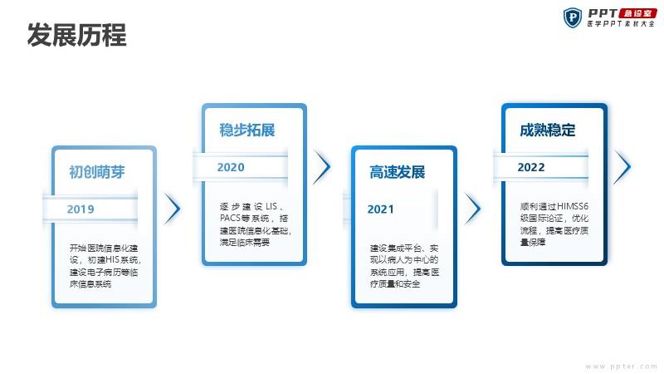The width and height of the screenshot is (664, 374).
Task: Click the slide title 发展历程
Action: [76, 35]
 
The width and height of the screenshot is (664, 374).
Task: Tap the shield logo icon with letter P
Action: [572, 17]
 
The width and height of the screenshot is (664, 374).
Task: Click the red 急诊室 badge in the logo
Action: [637, 13]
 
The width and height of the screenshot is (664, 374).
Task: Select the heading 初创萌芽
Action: [97, 172]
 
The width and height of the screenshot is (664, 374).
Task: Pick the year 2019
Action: [81, 209]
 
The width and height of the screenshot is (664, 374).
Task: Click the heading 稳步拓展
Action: [247, 130]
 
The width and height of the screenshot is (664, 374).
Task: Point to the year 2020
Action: [231, 167]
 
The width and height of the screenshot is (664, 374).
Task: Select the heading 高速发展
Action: [397, 172]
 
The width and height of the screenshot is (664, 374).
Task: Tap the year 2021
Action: [380, 209]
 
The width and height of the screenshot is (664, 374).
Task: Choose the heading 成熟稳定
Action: [548, 130]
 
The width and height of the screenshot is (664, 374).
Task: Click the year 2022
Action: [531, 167]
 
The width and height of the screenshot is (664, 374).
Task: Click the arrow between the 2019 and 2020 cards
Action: [173, 209]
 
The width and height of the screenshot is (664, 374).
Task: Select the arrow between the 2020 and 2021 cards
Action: [322, 166]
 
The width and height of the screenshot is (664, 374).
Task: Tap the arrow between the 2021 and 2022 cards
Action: [472, 209]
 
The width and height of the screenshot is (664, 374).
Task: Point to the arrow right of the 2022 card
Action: [622, 166]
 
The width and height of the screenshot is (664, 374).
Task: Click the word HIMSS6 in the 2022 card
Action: [572, 206]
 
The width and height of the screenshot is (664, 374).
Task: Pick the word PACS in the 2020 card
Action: [230, 219]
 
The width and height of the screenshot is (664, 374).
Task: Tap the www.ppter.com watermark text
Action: [621, 367]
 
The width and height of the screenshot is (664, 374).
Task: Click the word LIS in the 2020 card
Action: [271, 206]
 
